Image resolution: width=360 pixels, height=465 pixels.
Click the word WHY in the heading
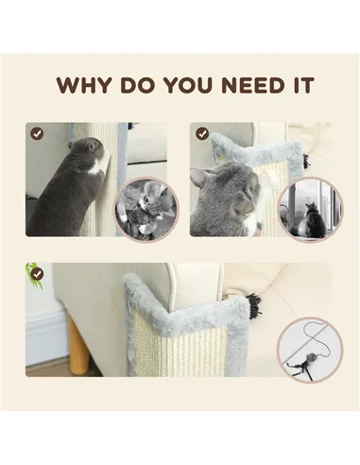coord(81,85)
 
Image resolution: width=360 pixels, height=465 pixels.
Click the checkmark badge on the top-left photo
coord(37,133)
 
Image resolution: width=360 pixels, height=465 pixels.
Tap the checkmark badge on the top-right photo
coord(202,133)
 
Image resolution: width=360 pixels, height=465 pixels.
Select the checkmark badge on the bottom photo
coord(37,274)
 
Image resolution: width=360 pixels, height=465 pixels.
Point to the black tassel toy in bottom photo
coord(253,303)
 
